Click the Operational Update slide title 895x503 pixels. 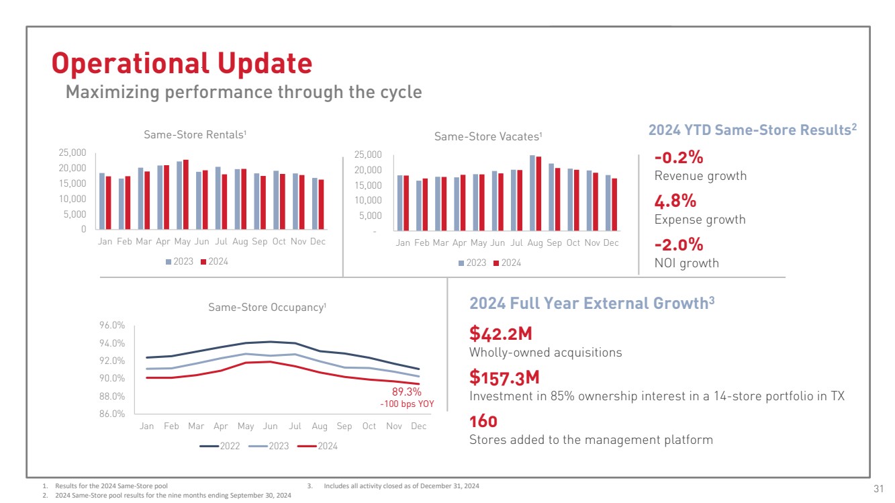click(182, 63)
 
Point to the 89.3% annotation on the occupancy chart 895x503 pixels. click(406, 392)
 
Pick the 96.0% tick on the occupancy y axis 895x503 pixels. click(112, 326)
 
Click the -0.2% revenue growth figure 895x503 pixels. click(679, 157)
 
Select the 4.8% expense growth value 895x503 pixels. click(675, 201)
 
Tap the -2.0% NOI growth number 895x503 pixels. click(679, 244)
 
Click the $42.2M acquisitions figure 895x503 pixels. click(500, 333)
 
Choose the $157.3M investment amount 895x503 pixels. click(504, 377)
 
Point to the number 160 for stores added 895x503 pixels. click(483, 422)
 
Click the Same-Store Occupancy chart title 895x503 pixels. click(267, 308)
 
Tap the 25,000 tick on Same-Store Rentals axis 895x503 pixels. click(73, 153)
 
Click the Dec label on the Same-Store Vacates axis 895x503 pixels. click(611, 242)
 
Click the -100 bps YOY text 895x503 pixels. click(407, 404)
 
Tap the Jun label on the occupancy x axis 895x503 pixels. click(270, 426)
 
